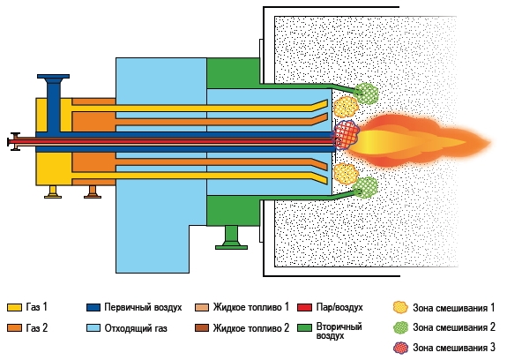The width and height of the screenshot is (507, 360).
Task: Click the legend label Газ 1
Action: point(36,307)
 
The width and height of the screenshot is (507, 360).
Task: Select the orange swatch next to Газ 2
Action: point(14,328)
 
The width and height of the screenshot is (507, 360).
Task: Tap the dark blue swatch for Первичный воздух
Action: point(93,307)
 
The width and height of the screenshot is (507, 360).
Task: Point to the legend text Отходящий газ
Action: point(136,328)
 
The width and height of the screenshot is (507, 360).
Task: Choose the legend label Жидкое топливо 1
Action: point(251,307)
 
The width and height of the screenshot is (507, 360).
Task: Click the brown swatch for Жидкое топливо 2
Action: point(202,328)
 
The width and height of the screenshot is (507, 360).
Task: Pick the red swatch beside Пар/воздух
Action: point(304,307)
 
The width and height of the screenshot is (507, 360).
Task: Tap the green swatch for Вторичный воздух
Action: point(304,328)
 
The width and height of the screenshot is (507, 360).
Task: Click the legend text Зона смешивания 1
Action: point(453,308)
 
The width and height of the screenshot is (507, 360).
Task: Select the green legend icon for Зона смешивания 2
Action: point(401,327)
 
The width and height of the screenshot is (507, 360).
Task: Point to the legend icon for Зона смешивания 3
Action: point(401,348)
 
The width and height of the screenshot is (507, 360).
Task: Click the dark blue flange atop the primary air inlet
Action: point(54,77)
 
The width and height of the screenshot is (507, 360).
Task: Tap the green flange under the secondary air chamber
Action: point(232,247)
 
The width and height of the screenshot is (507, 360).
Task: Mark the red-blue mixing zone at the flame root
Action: point(346,135)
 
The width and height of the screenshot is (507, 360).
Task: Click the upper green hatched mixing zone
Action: point(366,94)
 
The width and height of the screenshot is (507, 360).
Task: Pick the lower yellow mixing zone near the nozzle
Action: point(346,174)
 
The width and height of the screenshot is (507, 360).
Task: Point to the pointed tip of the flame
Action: point(490,142)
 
